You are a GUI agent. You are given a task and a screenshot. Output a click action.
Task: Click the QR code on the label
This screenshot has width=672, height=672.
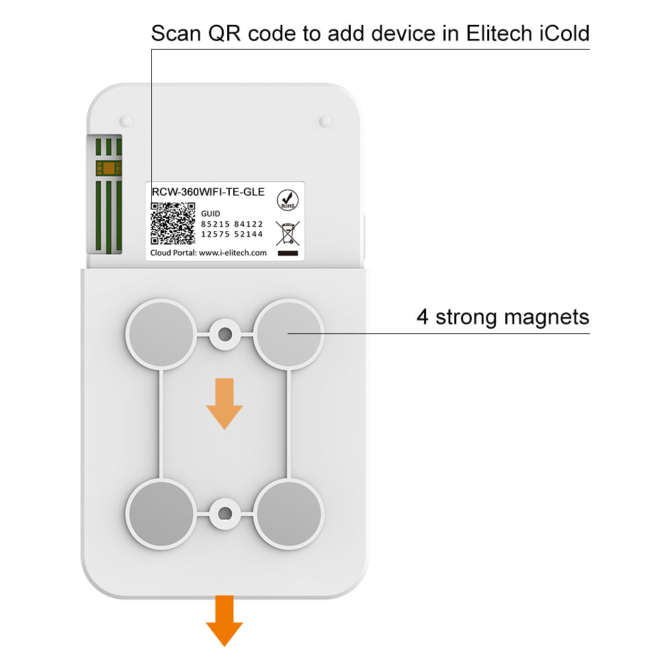click(173, 223)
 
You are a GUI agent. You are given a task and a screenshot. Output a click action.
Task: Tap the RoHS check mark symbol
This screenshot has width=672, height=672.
click(288, 200)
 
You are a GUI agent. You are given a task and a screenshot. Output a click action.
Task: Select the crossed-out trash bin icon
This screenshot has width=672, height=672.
click(288, 233)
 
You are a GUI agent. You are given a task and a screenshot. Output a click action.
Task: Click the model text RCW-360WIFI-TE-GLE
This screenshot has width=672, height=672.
click(208, 192)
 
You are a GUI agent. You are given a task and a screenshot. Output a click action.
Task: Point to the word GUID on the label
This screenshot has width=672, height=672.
click(210, 214)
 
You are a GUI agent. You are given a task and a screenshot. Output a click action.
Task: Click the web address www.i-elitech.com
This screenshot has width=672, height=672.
click(233, 253)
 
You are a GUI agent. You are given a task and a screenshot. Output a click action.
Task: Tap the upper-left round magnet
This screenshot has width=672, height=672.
click(161, 334)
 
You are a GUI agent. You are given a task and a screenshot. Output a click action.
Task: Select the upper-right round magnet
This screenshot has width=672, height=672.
click(288, 334)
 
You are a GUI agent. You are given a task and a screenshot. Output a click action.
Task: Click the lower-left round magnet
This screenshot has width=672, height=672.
click(161, 514)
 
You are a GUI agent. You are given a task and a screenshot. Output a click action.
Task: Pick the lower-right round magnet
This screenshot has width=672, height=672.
click(288, 514)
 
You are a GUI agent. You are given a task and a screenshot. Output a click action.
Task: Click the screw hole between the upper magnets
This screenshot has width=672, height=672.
click(225, 334)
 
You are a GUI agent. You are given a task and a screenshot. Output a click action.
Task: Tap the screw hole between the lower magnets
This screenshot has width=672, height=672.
click(225, 513)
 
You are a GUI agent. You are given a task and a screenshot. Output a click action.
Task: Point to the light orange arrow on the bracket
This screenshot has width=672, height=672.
click(224, 404)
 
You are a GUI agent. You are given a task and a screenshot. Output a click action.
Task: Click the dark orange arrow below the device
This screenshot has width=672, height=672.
click(224, 620)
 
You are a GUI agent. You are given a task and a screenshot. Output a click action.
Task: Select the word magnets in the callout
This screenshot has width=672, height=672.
click(546, 318)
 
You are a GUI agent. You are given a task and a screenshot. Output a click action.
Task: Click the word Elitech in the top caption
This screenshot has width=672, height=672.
click(499, 34)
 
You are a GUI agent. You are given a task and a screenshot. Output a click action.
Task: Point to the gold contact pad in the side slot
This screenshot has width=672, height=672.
click(109, 168)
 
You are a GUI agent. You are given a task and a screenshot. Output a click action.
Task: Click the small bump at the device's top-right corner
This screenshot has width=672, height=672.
click(325, 121)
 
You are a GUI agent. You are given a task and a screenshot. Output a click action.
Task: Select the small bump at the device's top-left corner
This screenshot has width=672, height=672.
click(126, 121)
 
